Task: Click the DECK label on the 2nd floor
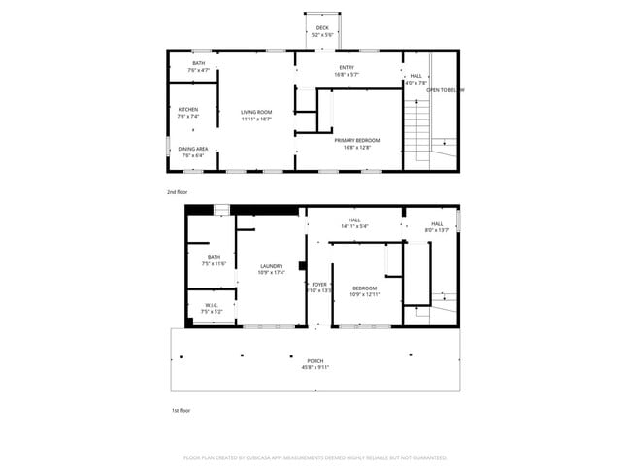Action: point(322,28)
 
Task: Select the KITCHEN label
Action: point(188,110)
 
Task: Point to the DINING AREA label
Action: point(193,149)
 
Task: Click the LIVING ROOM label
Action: point(256,112)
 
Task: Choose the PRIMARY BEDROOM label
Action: point(357,141)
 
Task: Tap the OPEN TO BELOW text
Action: point(445,90)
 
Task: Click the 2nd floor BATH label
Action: point(198,64)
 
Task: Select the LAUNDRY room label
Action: point(271,266)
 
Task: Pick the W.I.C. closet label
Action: point(211,305)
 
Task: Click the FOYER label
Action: point(319,285)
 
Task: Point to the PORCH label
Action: point(316,360)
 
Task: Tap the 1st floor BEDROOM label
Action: point(364,288)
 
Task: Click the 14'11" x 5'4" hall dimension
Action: point(354,227)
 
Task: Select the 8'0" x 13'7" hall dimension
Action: point(437,230)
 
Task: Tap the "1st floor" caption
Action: point(180,411)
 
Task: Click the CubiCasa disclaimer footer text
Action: point(315,457)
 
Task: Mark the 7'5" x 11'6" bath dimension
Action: point(214,263)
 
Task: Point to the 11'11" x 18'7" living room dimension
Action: point(256,118)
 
